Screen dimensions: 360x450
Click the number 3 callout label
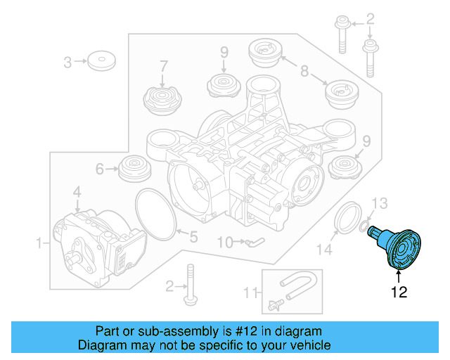(x=68, y=63)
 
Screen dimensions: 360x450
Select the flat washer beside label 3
(x=102, y=60)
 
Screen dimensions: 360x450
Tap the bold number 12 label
(x=399, y=292)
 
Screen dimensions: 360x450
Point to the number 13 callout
(x=379, y=204)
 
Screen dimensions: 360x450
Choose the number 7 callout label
(x=163, y=67)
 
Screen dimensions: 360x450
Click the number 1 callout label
(x=39, y=243)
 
